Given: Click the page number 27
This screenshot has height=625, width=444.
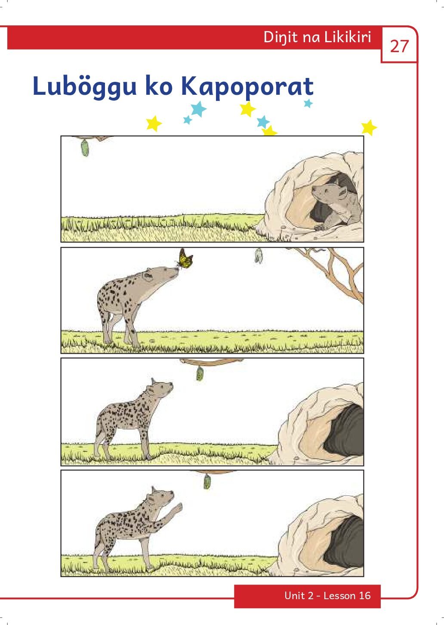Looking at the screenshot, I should point(399,46).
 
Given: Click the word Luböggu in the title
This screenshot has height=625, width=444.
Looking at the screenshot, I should point(85,86).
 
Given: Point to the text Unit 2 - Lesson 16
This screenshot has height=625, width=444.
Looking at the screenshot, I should point(327,596).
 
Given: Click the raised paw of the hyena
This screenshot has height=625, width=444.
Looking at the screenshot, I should point(176,508).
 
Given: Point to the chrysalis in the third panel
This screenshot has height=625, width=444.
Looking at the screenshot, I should point(200,373).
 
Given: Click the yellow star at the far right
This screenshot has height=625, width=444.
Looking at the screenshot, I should point(368,127).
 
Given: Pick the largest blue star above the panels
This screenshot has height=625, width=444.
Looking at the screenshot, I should point(198,109).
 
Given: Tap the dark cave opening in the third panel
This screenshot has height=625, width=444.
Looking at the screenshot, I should point(344,431).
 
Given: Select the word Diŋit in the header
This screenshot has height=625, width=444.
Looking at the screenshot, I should point(280,37).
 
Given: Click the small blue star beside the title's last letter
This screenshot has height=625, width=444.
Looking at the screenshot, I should point(308,103).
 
